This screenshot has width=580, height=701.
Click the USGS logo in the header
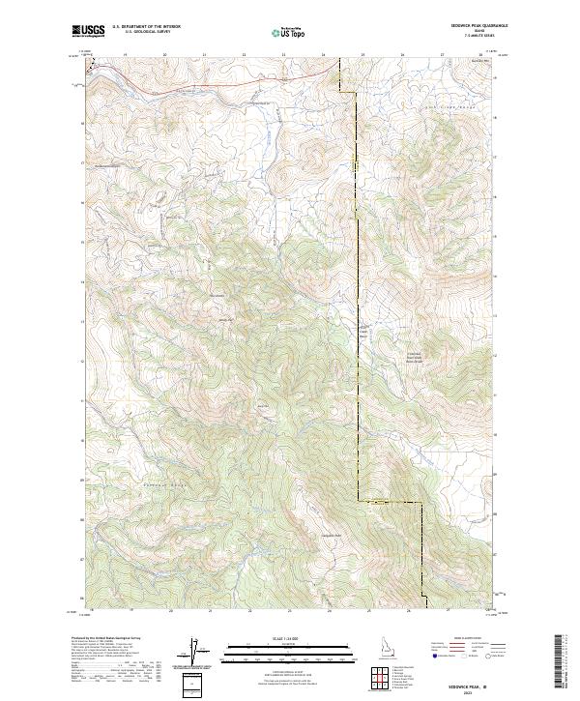[x=89, y=31]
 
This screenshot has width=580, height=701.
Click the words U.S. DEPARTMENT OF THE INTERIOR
[x=146, y=27]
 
